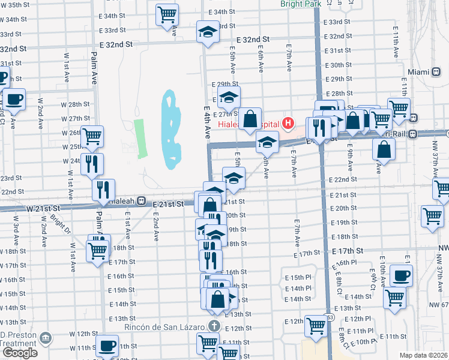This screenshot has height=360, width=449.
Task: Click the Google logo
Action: pos(20,353)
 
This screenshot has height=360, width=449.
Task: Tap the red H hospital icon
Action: pos(288,124)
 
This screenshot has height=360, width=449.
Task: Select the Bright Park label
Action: pos(301,4)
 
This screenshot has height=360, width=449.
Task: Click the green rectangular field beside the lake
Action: pos(140,139)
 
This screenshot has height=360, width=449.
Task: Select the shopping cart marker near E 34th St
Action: pos(167,14)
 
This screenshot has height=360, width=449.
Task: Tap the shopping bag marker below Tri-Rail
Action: pos(384,148)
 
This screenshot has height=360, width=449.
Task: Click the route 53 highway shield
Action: pos(330,316)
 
